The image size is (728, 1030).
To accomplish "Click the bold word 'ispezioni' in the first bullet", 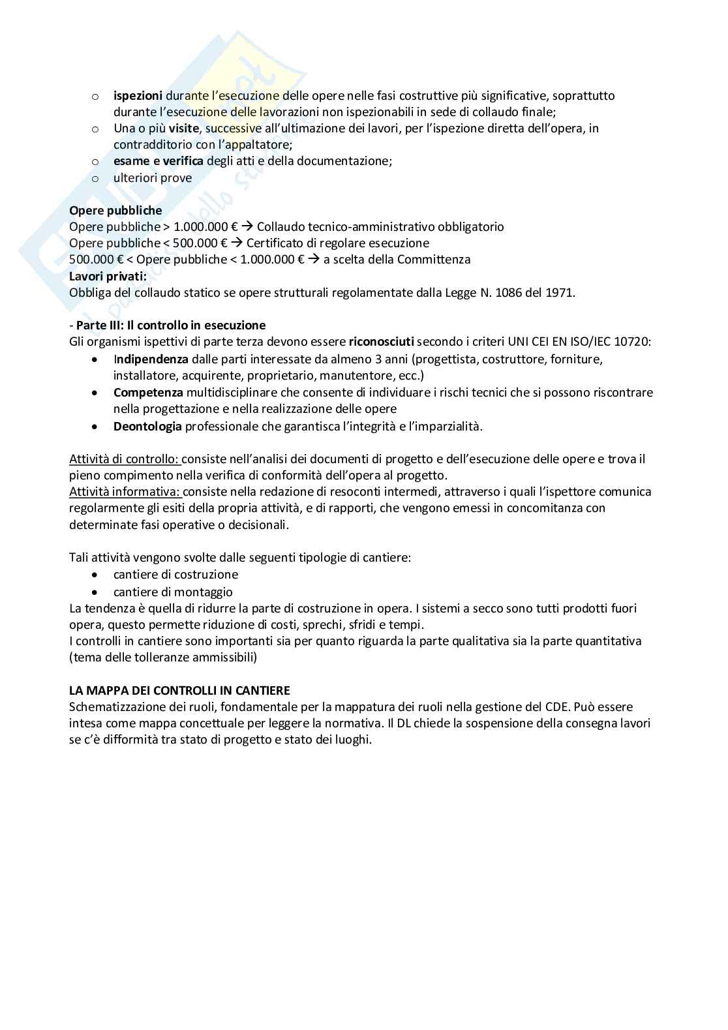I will [138, 96].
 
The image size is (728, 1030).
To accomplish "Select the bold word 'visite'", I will [183, 129].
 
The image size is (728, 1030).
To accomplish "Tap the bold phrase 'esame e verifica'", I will [159, 161].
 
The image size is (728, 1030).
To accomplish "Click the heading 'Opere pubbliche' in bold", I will [115, 211].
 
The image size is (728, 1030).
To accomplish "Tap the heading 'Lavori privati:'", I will [108, 276].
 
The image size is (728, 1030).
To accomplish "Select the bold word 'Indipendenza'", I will [151, 359].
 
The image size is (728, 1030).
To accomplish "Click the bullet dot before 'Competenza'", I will [95, 393].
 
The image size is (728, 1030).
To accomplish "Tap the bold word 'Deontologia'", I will [147, 427].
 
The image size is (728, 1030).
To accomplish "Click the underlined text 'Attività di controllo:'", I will [125, 459].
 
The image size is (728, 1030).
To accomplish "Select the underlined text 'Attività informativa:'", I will [125, 492].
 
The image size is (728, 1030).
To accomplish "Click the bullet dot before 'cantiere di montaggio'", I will [95, 592].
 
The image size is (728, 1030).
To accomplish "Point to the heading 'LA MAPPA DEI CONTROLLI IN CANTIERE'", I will [179, 690].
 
